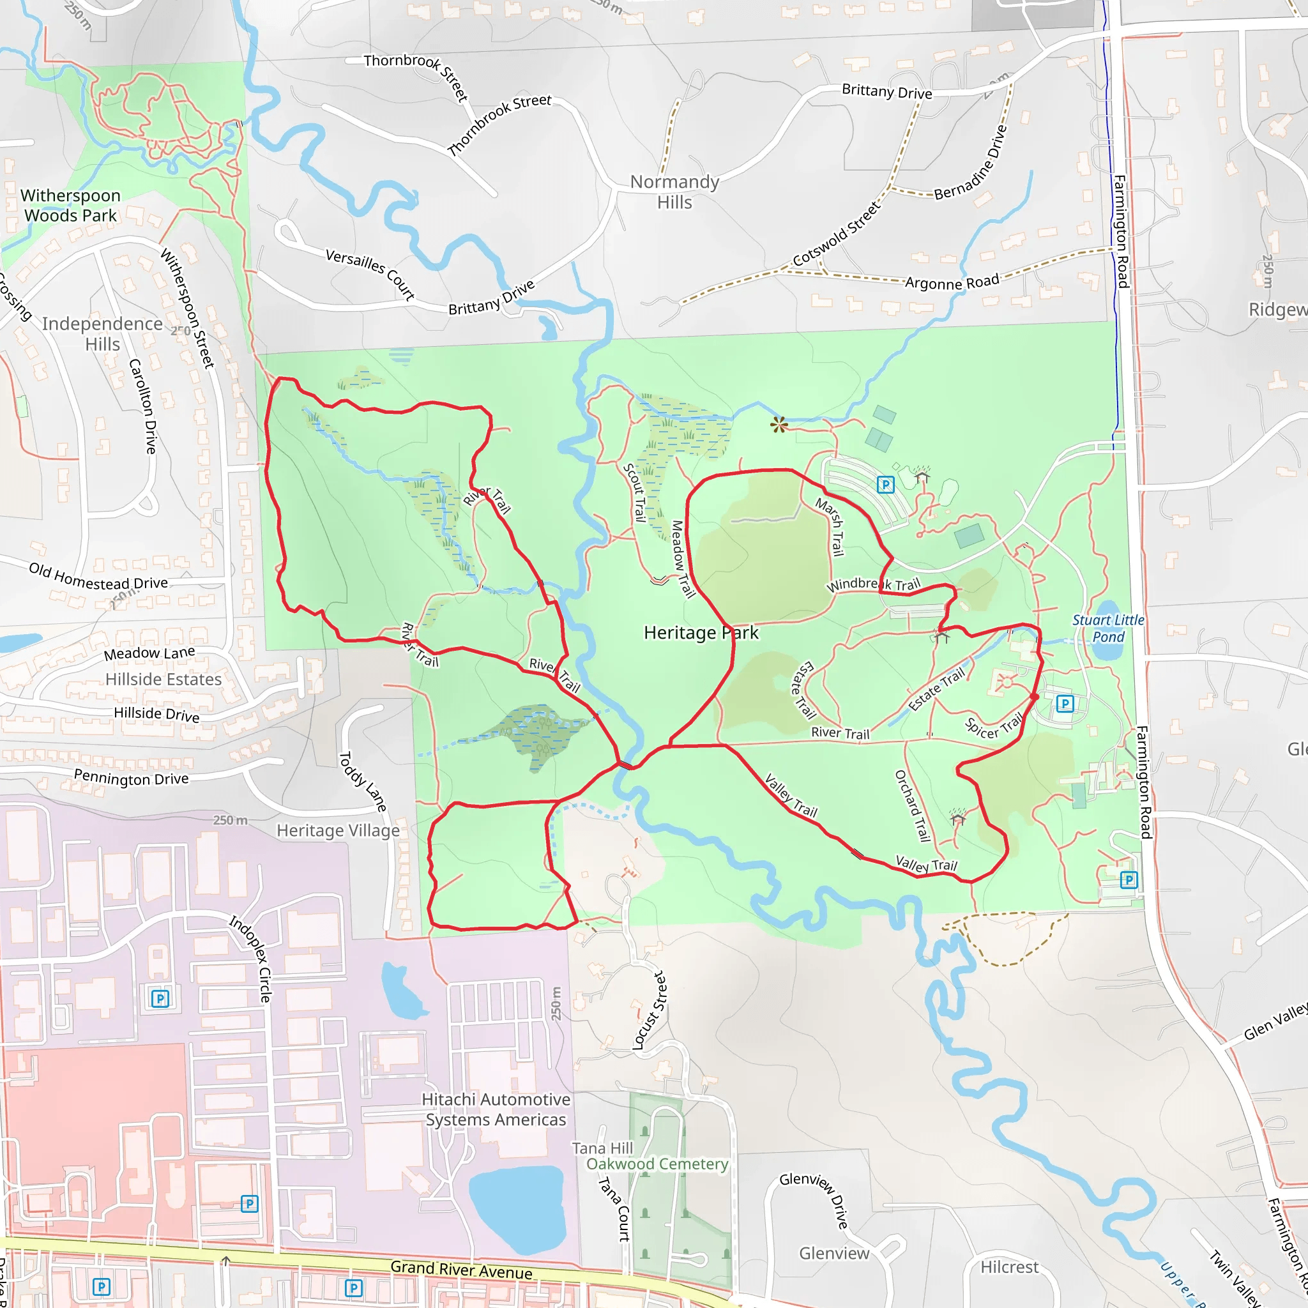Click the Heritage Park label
click(701, 632)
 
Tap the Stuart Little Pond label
click(1107, 628)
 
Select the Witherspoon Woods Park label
click(70, 205)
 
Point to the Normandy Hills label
click(674, 192)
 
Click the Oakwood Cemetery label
click(657, 1164)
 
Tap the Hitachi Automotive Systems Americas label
click(496, 1109)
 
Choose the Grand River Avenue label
click(461, 1270)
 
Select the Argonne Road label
click(952, 282)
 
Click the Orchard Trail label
click(913, 805)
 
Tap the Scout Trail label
click(634, 492)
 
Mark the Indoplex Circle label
click(250, 958)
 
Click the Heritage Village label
click(338, 831)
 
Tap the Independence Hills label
click(102, 334)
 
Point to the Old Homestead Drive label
click(98, 576)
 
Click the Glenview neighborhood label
click(834, 1253)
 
